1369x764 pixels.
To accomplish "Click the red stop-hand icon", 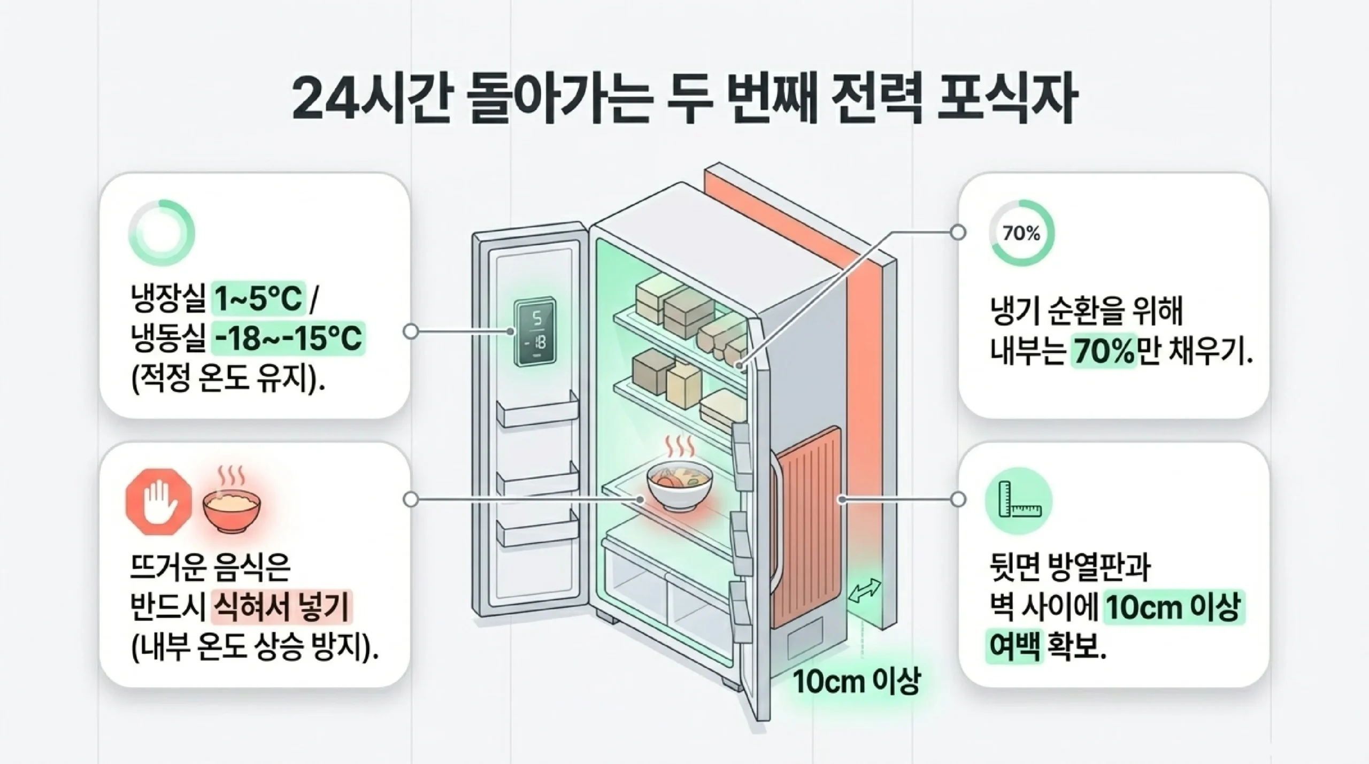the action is (x=159, y=503).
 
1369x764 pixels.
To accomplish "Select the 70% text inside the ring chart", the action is (x=1021, y=234).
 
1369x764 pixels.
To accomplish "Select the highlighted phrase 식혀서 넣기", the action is (x=281, y=607).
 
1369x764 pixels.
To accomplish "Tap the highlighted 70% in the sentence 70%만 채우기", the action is (x=1103, y=353).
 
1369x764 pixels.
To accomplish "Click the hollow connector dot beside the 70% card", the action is (x=958, y=233).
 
